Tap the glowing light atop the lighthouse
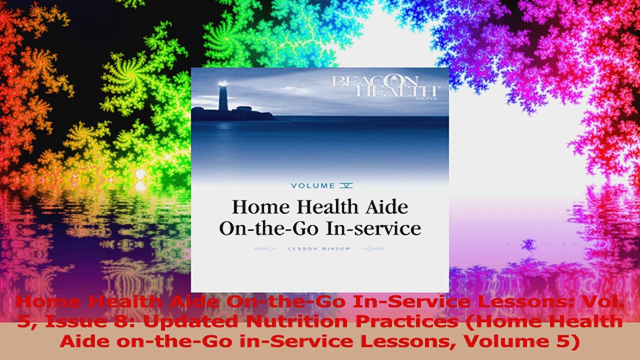223,84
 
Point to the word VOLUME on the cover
312,185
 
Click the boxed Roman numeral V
346,185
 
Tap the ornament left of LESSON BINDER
265,248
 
